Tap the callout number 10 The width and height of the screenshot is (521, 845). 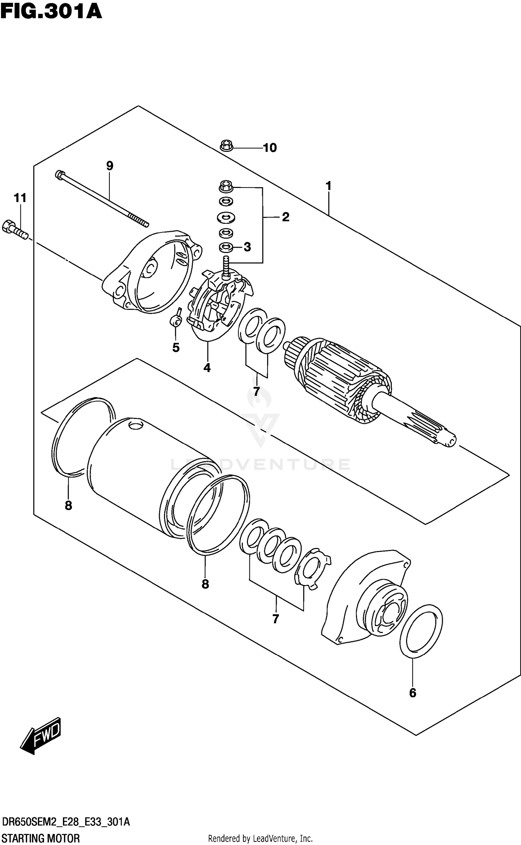(270, 148)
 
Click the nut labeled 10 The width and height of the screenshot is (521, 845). (226, 146)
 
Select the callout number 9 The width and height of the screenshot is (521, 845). (110, 166)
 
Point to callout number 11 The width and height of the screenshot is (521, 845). (20, 198)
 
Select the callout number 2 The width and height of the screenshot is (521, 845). (286, 217)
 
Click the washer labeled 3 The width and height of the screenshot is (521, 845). (226, 247)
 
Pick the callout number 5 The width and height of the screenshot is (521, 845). (176, 347)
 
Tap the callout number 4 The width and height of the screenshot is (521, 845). (207, 368)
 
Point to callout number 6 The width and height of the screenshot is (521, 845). (413, 693)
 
